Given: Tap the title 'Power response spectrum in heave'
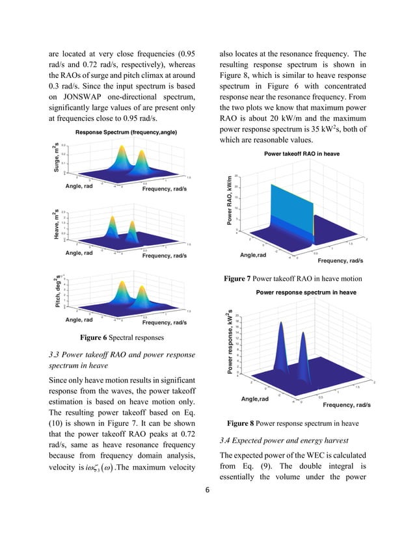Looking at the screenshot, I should click(306, 293).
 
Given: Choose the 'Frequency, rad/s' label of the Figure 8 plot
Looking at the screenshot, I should click(347, 405).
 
